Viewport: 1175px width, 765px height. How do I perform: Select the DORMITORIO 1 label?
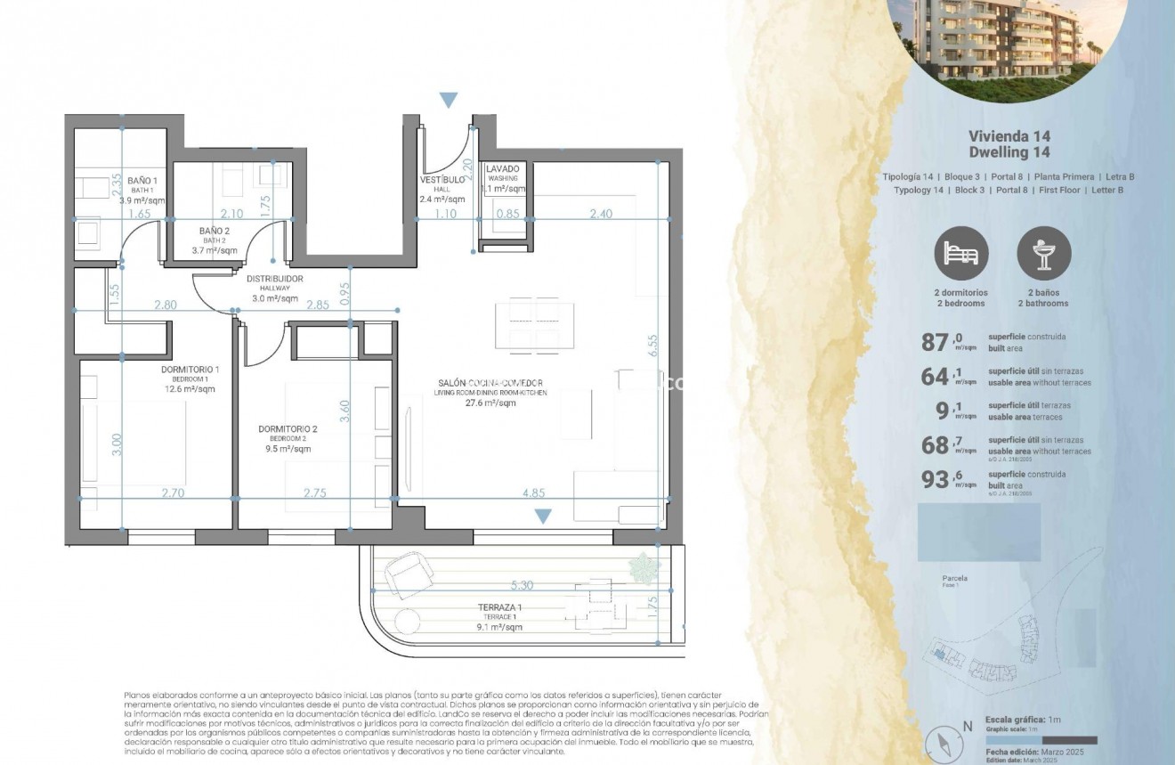point(190,369)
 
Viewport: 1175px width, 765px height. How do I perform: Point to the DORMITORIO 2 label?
point(288,428)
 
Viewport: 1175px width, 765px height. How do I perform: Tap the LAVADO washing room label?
point(503,168)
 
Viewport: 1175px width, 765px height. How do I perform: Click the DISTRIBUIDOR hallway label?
point(274,280)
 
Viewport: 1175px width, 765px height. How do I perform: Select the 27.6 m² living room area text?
point(490,403)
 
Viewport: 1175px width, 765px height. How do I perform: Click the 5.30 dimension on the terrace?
point(522,586)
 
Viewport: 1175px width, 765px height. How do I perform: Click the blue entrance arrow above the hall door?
point(449,100)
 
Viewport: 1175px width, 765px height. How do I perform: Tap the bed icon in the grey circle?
point(960,254)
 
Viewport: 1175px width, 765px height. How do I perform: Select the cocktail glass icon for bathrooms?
point(1043,254)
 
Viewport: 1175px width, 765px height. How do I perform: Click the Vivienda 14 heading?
point(1009,136)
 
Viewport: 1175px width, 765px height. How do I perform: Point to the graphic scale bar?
point(1041,740)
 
